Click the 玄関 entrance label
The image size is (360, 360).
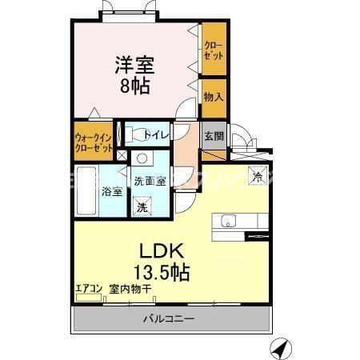pyautogui.click(x=212, y=135)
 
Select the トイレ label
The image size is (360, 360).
pyautogui.click(x=156, y=135)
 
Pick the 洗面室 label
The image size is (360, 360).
pyautogui.click(x=150, y=181)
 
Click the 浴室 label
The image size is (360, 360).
pyautogui.click(x=111, y=192)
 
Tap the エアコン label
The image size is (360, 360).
pyautogui.click(x=88, y=289)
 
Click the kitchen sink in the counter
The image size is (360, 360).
pyautogui.click(x=226, y=222)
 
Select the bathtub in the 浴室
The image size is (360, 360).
pyautogui.click(x=86, y=192)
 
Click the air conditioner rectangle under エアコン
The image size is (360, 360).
pyautogui.click(x=88, y=298)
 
